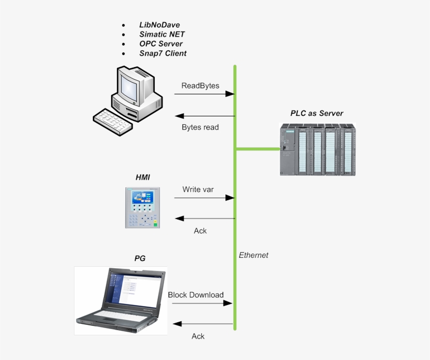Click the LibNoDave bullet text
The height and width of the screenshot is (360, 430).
coord(159,25)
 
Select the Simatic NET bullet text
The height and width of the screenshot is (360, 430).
coord(162,34)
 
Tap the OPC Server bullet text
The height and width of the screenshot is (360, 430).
coord(161,43)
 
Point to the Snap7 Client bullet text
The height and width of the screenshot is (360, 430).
coord(163,53)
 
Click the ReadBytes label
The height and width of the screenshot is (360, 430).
coord(200,85)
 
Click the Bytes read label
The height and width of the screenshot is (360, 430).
coord(200,127)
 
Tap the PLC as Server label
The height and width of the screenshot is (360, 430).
coord(317,113)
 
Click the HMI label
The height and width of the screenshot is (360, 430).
coord(143,178)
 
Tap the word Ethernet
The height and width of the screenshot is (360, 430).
coord(253,255)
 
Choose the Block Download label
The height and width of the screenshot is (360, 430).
coord(196,294)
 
